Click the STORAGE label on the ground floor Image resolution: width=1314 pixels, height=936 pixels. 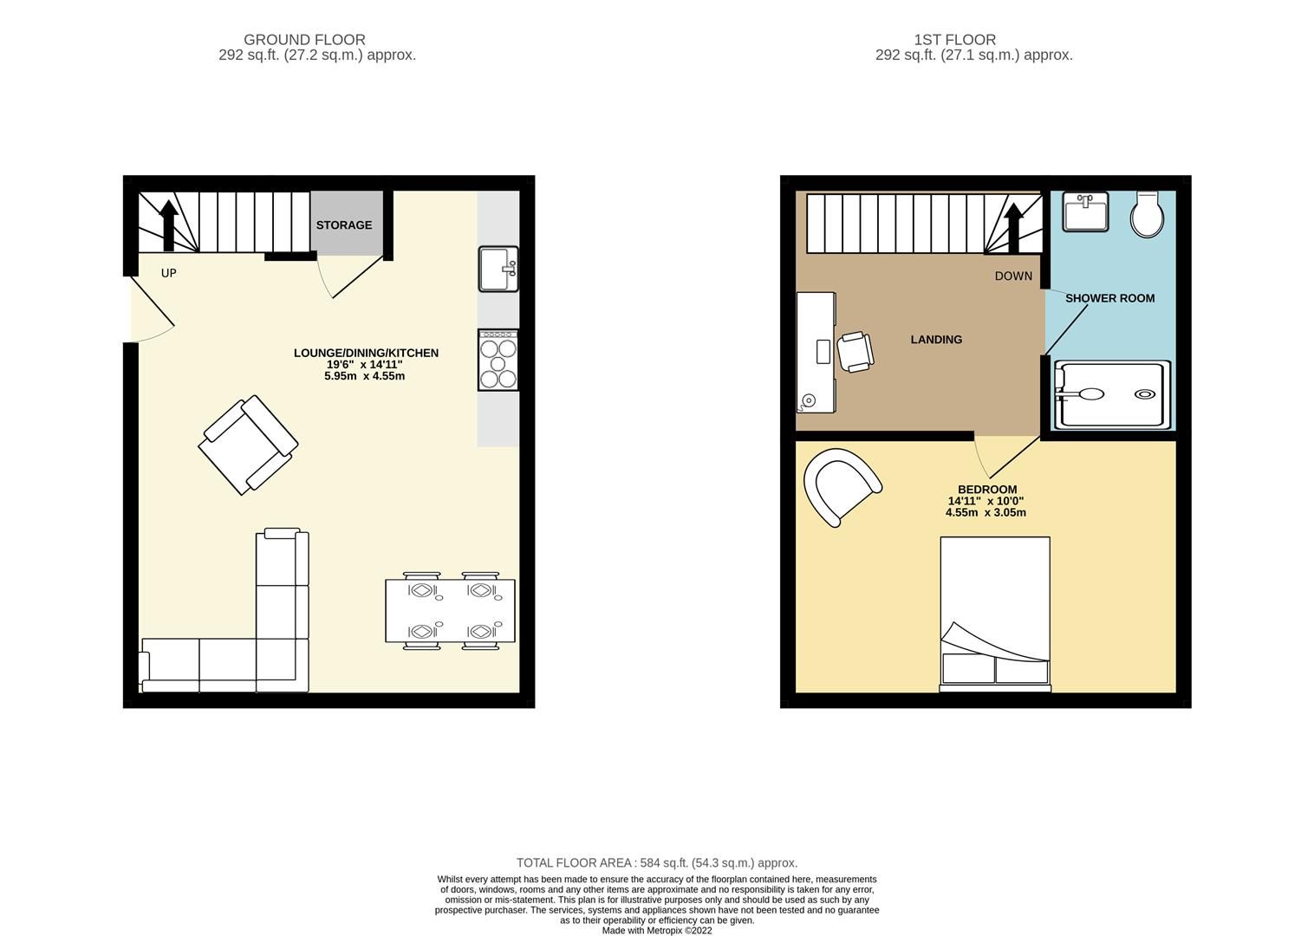343,225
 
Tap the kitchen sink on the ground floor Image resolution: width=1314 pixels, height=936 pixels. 498,269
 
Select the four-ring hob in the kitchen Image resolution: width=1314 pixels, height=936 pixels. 498,360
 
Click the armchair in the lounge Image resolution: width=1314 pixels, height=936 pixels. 249,445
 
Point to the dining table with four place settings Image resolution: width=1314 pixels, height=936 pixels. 450,611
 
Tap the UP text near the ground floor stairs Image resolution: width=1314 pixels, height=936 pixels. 169,273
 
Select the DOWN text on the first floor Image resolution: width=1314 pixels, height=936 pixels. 1013,276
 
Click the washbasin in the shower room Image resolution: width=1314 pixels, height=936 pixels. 1085,212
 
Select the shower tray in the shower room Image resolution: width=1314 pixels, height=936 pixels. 1112,395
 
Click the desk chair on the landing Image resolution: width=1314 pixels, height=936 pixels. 855,351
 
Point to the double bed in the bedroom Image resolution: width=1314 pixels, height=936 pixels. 995,614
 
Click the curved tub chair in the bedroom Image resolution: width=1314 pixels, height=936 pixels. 841,485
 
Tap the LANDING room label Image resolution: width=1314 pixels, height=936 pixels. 936,340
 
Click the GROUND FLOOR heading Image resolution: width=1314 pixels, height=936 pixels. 304,40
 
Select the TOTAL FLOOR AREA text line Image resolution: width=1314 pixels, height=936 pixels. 656,862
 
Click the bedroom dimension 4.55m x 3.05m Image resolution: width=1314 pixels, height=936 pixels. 985,512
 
